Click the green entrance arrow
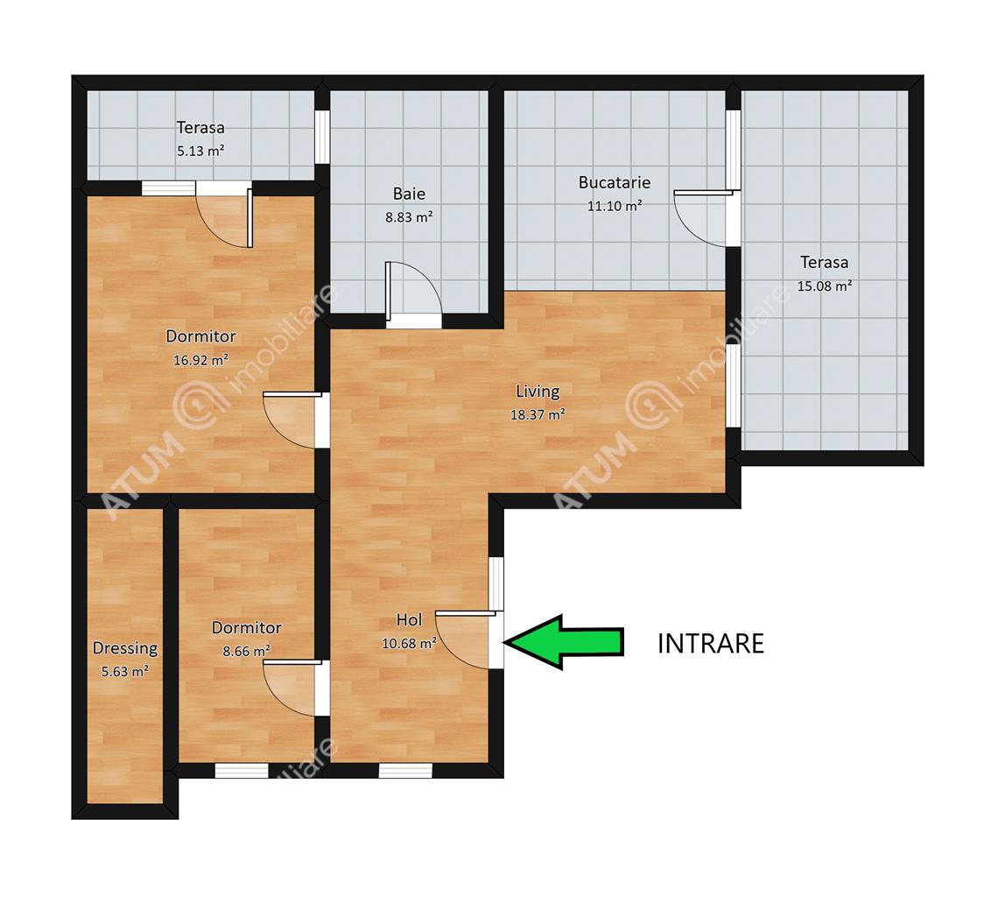point(563,642)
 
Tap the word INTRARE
point(711,644)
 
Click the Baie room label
point(409,194)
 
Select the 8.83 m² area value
point(409,217)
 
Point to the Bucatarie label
point(614,183)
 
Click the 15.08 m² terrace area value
point(825,286)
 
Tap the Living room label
point(538,391)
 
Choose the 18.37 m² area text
point(538,415)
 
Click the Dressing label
point(125,648)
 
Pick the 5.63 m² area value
point(125,672)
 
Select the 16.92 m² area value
point(200,360)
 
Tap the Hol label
point(409,620)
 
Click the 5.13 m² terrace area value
point(200,152)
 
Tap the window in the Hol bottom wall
point(405,771)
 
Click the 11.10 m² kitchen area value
point(614,207)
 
